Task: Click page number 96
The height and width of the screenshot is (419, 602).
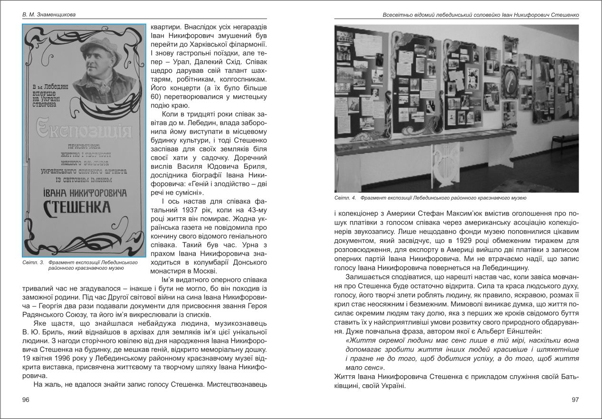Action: point(26,400)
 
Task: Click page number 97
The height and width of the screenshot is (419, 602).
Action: point(575,400)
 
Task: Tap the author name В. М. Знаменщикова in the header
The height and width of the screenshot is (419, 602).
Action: point(49,14)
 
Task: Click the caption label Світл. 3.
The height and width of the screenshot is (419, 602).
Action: point(33,262)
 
